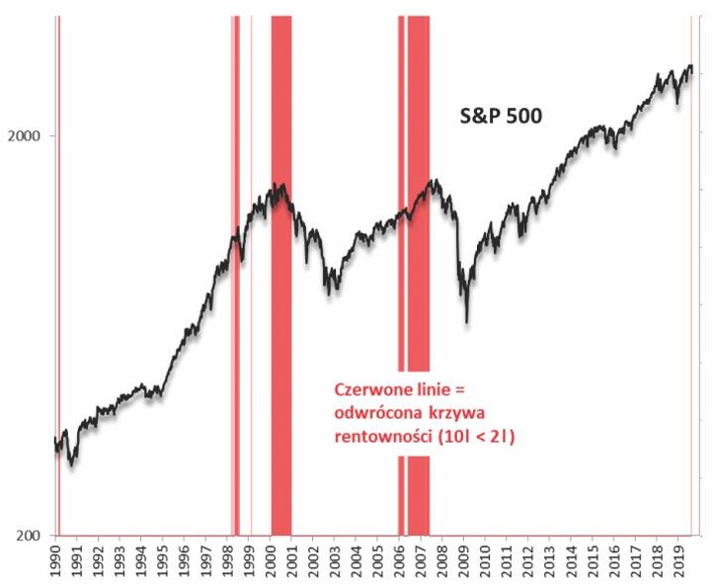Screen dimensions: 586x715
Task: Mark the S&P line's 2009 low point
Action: pyautogui.click(x=467, y=321)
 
